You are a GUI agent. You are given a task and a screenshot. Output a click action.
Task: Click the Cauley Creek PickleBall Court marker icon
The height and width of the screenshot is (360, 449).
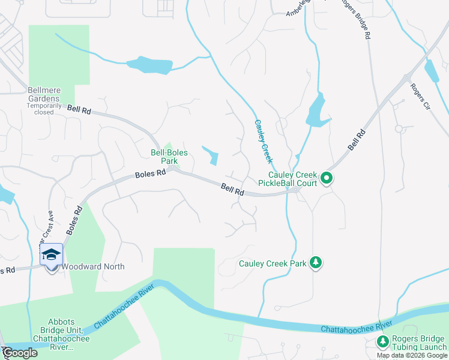coord(326,178)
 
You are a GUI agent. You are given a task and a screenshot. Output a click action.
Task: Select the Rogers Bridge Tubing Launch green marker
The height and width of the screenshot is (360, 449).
coord(383,342)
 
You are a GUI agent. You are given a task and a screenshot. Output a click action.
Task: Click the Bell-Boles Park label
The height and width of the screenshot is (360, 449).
coord(169,157)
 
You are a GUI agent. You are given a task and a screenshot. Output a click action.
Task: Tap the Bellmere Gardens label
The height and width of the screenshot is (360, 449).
coord(44,94)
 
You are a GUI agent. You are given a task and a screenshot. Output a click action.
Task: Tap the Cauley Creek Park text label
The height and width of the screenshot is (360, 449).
coord(273,263)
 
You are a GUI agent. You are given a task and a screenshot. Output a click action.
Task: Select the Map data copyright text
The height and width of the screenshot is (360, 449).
coord(412,355)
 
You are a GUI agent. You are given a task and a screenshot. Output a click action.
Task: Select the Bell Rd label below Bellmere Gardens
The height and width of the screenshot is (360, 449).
coord(79,110)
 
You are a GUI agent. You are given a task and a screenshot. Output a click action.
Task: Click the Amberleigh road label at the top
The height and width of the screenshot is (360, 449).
coord(303,6)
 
